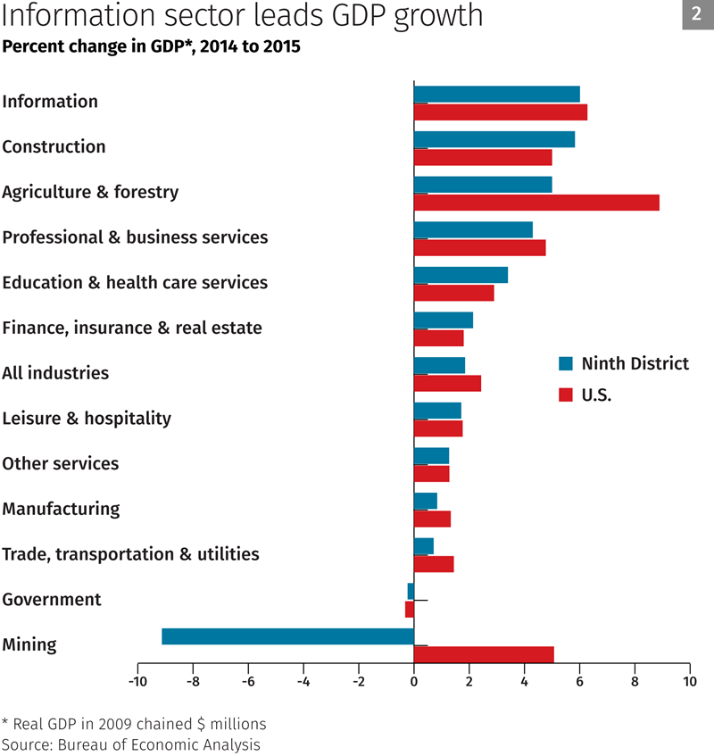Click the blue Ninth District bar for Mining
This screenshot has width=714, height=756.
pyautogui.click(x=287, y=636)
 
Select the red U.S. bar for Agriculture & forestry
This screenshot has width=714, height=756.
pyautogui.click(x=536, y=203)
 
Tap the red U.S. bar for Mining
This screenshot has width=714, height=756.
pyautogui.click(x=484, y=654)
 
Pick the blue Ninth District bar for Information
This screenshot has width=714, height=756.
pyautogui.click(x=496, y=94)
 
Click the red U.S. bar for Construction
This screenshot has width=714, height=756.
pyautogui.click(x=483, y=158)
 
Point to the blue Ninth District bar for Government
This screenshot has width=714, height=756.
pyautogui.click(x=411, y=591)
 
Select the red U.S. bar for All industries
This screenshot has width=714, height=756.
pyautogui.click(x=447, y=384)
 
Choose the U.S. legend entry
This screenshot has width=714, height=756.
pyautogui.click(x=595, y=395)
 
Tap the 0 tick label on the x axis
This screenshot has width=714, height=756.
pyautogui.click(x=414, y=682)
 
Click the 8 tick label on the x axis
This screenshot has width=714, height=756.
pyautogui.click(x=635, y=682)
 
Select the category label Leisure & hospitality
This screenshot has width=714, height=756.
pyautogui.click(x=87, y=419)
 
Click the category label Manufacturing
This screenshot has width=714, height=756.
pyautogui.click(x=61, y=510)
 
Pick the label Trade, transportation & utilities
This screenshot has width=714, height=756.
pyautogui.click(x=130, y=554)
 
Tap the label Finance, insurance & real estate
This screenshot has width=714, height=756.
pyautogui.click(x=132, y=328)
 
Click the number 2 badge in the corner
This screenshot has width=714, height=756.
pyautogui.click(x=697, y=14)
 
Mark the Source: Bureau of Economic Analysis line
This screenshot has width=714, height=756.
pyautogui.click(x=130, y=744)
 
